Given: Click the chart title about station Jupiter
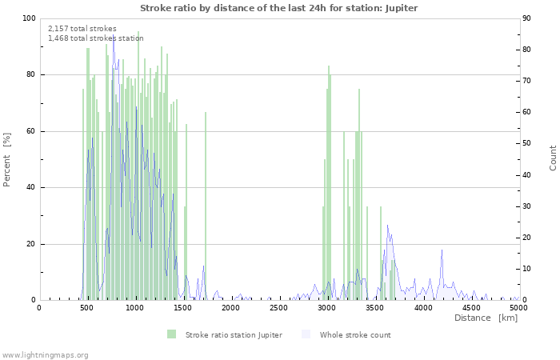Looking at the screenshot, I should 279,8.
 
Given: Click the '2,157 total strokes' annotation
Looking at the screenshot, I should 82,29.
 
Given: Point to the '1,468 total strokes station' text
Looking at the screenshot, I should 96,38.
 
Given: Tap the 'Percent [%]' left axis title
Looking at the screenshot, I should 7,159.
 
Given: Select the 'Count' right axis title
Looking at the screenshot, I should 553,158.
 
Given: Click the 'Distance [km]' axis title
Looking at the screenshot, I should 486,318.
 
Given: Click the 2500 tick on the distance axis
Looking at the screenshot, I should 278,307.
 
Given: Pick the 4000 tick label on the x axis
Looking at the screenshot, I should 422,307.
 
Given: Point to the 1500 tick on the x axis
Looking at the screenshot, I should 182,307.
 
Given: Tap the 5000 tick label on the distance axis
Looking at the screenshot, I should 518,307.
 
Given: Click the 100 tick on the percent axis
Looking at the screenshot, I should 29,18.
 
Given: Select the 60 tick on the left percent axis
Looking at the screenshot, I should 31,131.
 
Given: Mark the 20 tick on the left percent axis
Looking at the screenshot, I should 31,244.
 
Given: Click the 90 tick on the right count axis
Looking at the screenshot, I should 528,18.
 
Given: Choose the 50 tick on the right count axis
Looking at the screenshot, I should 528,144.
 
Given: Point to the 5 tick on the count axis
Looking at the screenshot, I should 526,285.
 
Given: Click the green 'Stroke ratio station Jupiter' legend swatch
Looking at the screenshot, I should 171,334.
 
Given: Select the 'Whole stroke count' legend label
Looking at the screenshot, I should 355,335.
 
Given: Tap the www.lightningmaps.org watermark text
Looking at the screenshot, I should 45,354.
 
